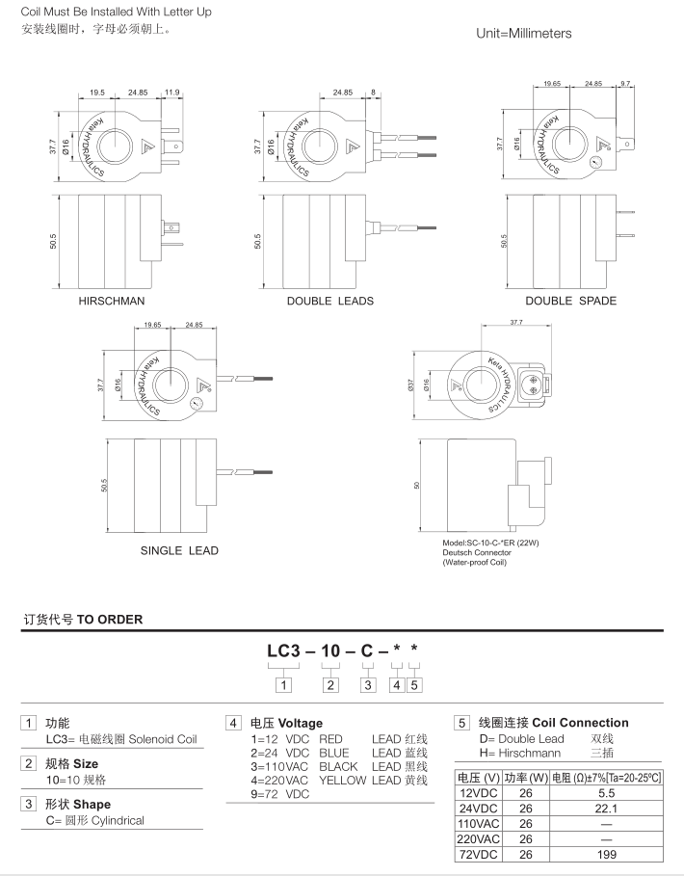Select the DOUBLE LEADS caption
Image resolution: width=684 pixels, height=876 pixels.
pos(329,301)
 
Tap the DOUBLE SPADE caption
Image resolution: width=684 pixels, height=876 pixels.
pos(570,301)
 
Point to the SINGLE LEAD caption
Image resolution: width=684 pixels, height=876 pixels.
pos(179,550)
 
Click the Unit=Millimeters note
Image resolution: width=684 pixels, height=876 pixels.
pos(523,33)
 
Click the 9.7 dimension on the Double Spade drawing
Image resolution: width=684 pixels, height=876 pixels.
pos(625,84)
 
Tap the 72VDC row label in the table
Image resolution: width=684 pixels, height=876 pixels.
pos(478,854)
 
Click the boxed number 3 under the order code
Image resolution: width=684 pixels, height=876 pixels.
pos(368,685)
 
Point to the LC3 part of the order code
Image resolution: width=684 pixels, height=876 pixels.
pos(289,651)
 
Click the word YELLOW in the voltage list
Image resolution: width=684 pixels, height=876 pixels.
pos(342,780)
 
